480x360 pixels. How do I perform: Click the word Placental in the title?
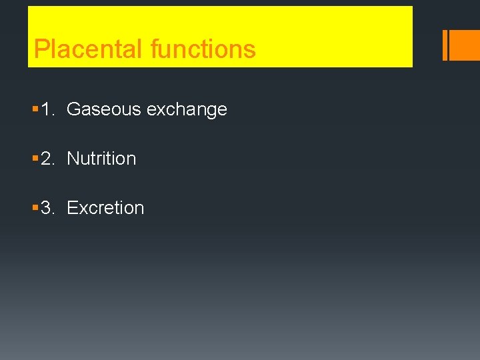click(x=89, y=49)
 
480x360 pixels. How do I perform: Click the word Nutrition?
click(x=101, y=159)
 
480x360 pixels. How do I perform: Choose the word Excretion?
click(x=105, y=208)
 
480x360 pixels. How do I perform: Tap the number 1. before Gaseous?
click(x=48, y=109)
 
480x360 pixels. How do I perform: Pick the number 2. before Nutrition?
click(x=48, y=159)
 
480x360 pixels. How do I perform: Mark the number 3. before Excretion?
click(x=48, y=208)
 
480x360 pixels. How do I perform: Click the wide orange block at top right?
click(x=465, y=45)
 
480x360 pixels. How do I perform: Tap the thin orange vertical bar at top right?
click(x=445, y=45)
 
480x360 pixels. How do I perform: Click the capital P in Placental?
click(x=41, y=49)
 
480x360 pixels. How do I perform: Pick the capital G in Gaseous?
click(x=73, y=109)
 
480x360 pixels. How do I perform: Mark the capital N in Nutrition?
click(x=73, y=159)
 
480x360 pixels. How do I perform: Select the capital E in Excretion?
click(x=72, y=208)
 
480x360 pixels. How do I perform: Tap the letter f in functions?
click(x=154, y=49)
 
